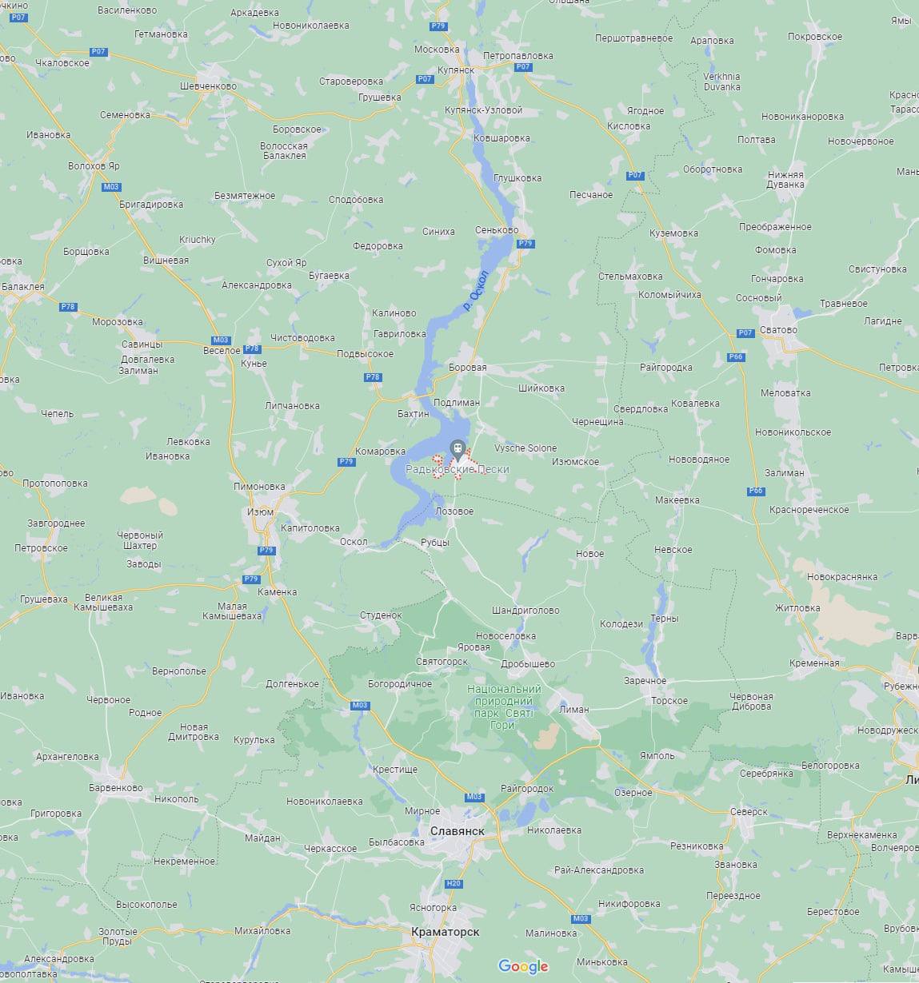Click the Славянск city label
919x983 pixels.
457,831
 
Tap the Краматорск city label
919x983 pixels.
445,932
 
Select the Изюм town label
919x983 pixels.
260,512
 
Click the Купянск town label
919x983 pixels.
456,70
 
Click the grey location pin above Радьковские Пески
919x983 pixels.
457,448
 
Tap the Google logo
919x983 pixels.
523,966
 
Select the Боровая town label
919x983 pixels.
468,368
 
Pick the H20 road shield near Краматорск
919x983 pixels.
454,883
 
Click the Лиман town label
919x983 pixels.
574,709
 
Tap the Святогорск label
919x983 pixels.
442,663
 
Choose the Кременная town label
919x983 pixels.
813,663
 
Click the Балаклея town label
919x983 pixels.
23,286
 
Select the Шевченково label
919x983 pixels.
208,86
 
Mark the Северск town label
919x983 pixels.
749,812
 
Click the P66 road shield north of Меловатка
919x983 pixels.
737,356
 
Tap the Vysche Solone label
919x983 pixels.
525,448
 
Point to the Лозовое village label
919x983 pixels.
454,511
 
